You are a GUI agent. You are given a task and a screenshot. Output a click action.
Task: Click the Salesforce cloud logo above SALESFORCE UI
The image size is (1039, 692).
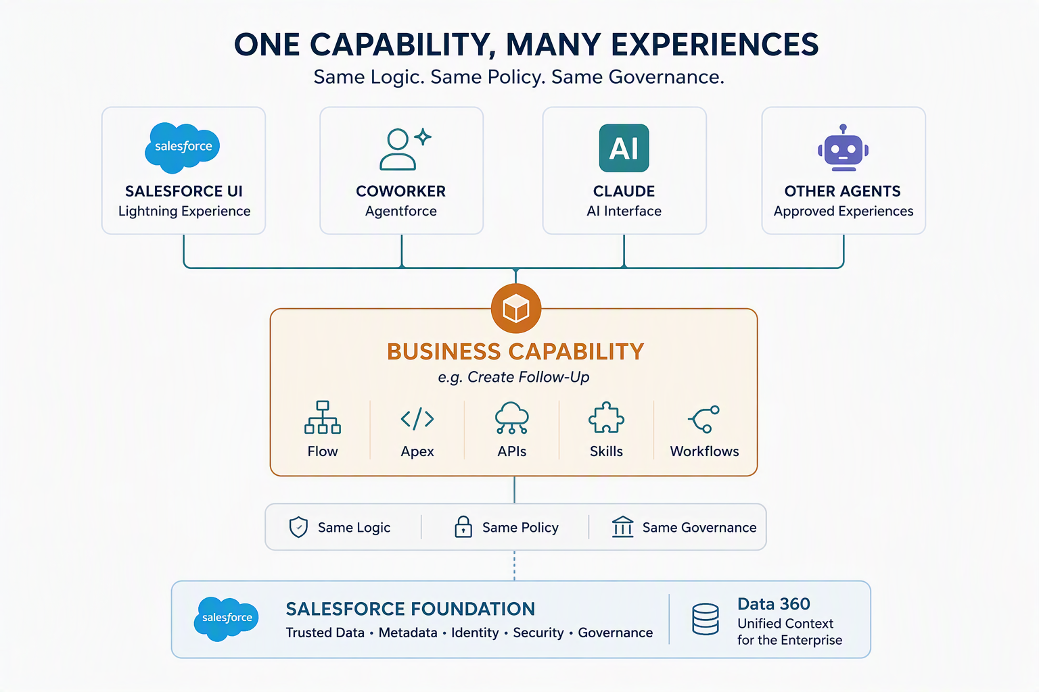182,147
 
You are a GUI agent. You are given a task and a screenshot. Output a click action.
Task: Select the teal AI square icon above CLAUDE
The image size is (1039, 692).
624,148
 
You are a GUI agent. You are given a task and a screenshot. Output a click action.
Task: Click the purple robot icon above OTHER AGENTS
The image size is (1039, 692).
843,148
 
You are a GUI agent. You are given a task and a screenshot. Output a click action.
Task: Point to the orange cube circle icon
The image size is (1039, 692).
516,308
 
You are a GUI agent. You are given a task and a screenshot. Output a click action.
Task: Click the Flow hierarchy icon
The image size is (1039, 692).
323,417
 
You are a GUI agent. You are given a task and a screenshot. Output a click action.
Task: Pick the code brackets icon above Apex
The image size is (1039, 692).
417,418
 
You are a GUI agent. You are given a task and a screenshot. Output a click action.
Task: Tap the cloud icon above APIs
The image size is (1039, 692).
511,418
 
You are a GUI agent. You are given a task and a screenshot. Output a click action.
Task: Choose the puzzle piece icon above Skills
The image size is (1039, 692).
606,417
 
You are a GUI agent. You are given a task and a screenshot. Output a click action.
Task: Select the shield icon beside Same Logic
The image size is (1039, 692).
298,527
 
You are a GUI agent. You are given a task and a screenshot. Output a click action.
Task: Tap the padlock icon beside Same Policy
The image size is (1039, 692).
463,526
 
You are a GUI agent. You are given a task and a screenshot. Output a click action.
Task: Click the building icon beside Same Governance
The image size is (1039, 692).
622,526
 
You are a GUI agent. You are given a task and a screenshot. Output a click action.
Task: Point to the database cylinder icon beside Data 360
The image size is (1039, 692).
705,619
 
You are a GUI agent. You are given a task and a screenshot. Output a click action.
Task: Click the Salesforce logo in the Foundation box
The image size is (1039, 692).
227,619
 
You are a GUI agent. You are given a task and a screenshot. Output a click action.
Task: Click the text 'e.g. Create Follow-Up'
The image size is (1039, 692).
513,377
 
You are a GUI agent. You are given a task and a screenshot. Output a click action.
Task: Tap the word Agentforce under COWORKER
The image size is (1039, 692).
400,211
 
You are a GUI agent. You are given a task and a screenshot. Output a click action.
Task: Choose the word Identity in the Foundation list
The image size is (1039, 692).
475,633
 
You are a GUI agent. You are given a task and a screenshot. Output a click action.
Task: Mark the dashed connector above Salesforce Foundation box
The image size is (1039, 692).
514,566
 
